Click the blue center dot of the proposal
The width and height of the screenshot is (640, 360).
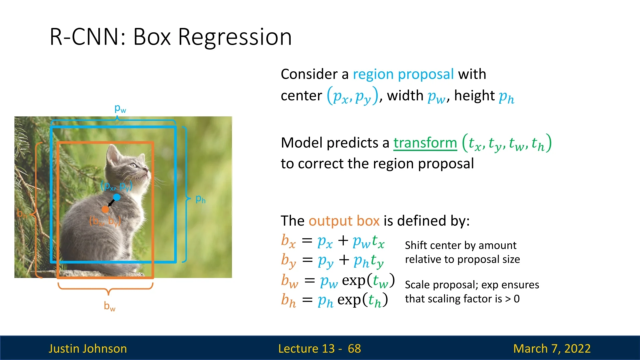(117, 197)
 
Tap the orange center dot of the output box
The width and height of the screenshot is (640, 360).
(105, 209)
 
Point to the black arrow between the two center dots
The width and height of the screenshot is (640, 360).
(111, 203)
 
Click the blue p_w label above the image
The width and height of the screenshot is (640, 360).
(120, 109)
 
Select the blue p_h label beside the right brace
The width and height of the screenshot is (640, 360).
(200, 199)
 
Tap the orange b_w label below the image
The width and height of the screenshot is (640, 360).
(110, 306)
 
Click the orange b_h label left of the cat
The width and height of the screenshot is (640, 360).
(22, 214)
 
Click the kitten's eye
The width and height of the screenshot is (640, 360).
(134, 165)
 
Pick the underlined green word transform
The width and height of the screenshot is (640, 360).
(425, 143)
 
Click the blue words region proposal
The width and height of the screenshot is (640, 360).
(403, 74)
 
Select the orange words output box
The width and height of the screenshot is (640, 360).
(344, 221)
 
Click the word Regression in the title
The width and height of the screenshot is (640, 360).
(235, 37)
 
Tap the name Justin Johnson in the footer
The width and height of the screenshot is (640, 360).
(88, 348)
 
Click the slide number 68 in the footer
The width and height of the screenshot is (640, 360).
(354, 348)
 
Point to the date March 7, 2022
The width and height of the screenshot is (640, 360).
(552, 348)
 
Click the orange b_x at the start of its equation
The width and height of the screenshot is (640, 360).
(288, 241)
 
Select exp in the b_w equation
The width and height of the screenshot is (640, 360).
(354, 280)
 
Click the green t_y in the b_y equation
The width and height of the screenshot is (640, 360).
(377, 261)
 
